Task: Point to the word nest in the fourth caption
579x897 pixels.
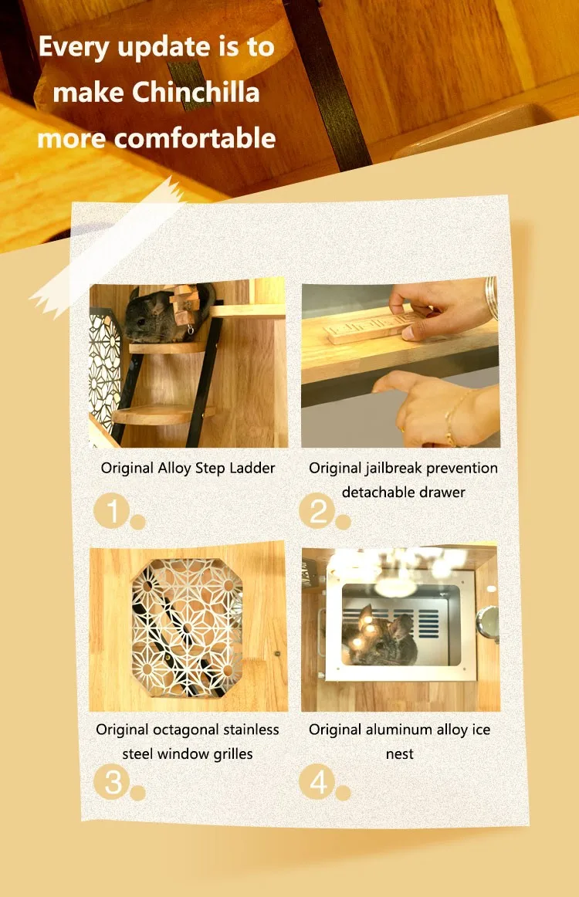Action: point(399,754)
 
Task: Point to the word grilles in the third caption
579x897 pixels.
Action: point(233,754)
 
